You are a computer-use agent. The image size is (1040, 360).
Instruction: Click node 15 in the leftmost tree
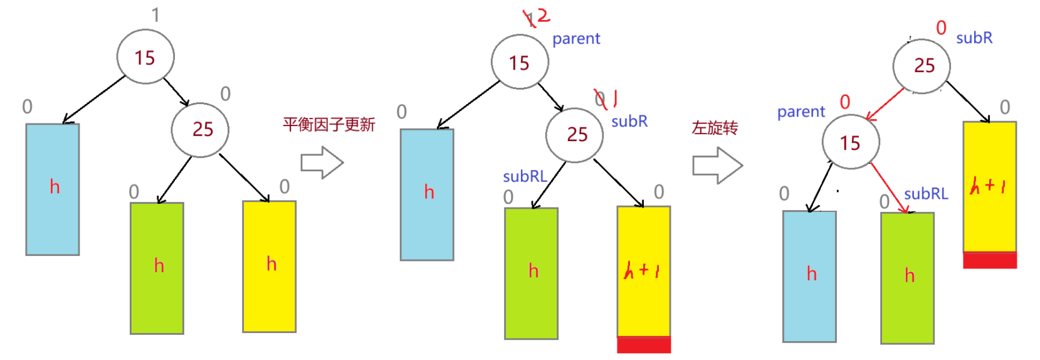click(145, 57)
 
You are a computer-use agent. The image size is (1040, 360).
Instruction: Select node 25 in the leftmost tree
click(200, 129)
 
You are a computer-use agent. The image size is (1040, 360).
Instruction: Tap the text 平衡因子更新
click(328, 125)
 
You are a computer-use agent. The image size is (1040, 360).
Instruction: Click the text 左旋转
click(715, 128)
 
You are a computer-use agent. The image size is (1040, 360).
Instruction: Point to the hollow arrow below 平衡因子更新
click(322, 162)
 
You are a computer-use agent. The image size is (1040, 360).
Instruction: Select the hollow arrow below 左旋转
click(717, 166)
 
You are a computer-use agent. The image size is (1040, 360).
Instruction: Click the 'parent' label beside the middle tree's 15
click(576, 39)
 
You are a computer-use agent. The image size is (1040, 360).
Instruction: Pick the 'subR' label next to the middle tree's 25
click(629, 121)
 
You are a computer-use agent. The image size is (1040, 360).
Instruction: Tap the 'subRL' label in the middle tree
click(525, 177)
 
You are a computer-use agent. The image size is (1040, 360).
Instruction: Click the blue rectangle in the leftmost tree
click(53, 189)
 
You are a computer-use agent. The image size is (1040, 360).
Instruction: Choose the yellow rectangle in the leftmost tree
click(270, 267)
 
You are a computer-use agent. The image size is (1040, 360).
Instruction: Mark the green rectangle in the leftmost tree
click(157, 268)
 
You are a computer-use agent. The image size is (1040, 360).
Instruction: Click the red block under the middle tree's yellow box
click(644, 345)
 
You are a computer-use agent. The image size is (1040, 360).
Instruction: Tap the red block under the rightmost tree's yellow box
click(990, 260)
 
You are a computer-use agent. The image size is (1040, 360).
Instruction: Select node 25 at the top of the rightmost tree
click(922, 66)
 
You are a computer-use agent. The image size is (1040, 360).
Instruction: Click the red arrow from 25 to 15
click(885, 105)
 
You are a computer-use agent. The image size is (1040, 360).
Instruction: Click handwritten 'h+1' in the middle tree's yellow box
click(642, 271)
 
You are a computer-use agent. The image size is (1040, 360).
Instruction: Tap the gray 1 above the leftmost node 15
click(155, 15)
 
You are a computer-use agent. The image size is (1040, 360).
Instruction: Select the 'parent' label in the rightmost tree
click(801, 112)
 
